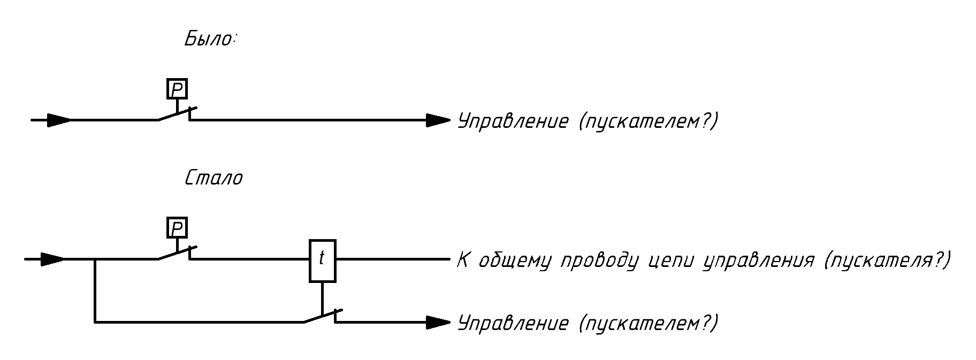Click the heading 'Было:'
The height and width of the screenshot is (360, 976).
click(x=210, y=39)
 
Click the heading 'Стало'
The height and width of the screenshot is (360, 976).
click(x=213, y=178)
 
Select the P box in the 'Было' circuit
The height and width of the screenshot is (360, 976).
click(x=177, y=89)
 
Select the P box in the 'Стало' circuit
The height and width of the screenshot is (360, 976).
click(x=177, y=228)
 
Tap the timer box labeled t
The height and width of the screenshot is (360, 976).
click(x=322, y=260)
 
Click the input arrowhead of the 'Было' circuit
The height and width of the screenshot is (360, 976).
click(x=58, y=120)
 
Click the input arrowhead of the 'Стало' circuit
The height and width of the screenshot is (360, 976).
click(x=52, y=259)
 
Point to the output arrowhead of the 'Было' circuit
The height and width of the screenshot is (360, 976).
click(x=438, y=120)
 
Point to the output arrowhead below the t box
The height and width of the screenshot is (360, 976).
click(x=438, y=322)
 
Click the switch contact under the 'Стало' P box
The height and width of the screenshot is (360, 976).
click(x=176, y=253)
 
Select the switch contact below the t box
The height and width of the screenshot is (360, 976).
click(x=321, y=316)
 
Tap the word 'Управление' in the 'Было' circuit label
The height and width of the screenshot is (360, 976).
click(x=513, y=121)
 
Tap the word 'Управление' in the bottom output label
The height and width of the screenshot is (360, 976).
click(x=513, y=323)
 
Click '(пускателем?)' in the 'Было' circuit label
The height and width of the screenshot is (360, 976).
click(x=647, y=121)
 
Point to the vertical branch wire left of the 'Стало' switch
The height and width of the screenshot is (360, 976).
click(x=95, y=290)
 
